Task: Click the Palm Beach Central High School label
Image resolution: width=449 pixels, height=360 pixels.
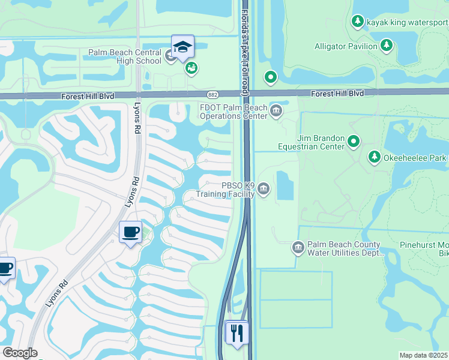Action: pos(125,56)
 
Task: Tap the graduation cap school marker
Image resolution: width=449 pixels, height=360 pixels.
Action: pos(182,46)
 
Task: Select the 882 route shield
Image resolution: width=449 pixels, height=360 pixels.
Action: pos(212,94)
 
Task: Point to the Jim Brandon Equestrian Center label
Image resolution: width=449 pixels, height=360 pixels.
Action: pos(312,142)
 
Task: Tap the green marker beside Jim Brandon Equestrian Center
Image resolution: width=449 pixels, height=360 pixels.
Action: pos(354,142)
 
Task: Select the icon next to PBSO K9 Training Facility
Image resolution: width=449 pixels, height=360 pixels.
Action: pos(263,190)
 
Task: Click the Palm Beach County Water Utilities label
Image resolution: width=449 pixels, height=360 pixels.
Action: pos(345,248)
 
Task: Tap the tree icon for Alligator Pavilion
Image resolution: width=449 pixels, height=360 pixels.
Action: pos(387,46)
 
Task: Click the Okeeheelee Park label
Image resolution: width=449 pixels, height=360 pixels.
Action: pos(415,157)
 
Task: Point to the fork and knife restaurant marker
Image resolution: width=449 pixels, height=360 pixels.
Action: pos(237,332)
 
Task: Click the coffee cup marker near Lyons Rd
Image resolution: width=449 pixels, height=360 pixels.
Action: pos(130,232)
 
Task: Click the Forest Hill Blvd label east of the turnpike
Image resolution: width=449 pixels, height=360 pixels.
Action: pos(337,94)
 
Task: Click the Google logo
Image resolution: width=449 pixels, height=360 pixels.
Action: pos(20,353)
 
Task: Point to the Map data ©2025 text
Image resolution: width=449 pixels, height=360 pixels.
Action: pos(424,355)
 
